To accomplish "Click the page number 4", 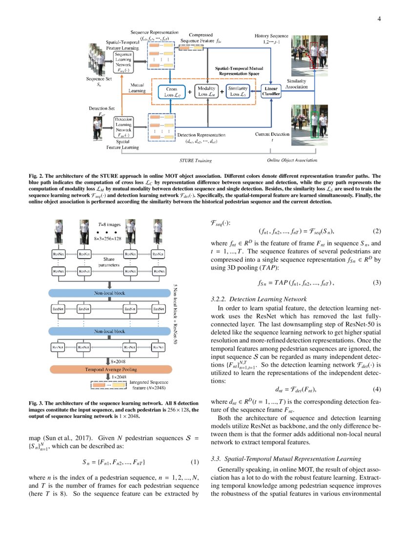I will click(379, 19).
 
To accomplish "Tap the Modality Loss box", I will click(207, 91).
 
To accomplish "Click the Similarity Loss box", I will click(240, 91).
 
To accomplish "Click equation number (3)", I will click(376, 283).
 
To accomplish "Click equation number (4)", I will click(376, 389).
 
